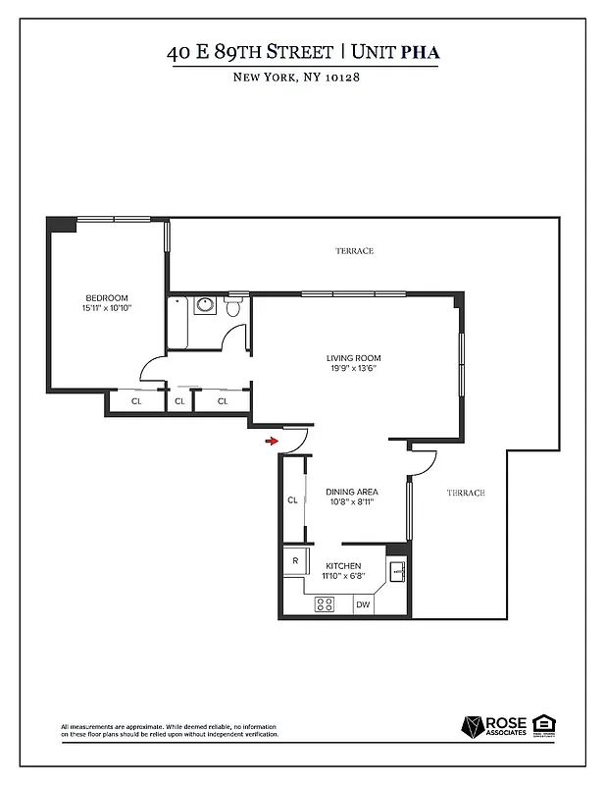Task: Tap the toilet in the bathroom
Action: coord(232,308)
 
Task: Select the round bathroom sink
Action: coord(205,305)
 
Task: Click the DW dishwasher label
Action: coord(363,605)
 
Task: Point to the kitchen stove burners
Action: coord(325,604)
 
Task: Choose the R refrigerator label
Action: coord(294,560)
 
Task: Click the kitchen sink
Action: coord(396,570)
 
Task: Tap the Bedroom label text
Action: coord(106,298)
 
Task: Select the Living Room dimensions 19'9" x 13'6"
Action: coord(353,369)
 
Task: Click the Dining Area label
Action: coord(353,492)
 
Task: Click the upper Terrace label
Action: coord(354,251)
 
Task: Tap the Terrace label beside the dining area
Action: coord(466,493)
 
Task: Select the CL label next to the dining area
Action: coord(292,500)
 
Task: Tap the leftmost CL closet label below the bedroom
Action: coord(136,400)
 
